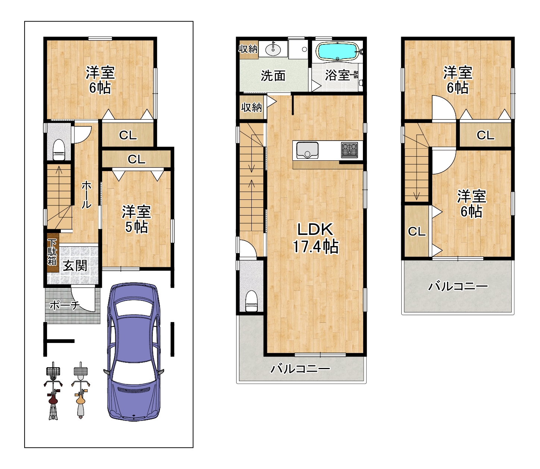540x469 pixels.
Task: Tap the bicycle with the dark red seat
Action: (x=53, y=390)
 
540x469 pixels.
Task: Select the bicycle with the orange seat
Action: (x=81, y=390)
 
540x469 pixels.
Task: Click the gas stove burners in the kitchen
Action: (x=349, y=150)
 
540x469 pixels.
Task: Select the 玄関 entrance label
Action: (x=75, y=265)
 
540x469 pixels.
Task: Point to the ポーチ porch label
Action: (x=65, y=305)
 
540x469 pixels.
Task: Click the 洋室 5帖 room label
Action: (x=136, y=220)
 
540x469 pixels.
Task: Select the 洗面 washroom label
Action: (x=273, y=76)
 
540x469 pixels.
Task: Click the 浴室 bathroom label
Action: (x=337, y=75)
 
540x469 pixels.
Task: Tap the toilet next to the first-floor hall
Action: (x=59, y=150)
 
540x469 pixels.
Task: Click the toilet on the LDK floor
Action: (x=251, y=301)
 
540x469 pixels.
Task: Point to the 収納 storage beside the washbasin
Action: (x=248, y=49)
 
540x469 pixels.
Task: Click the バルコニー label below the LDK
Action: (x=300, y=369)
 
